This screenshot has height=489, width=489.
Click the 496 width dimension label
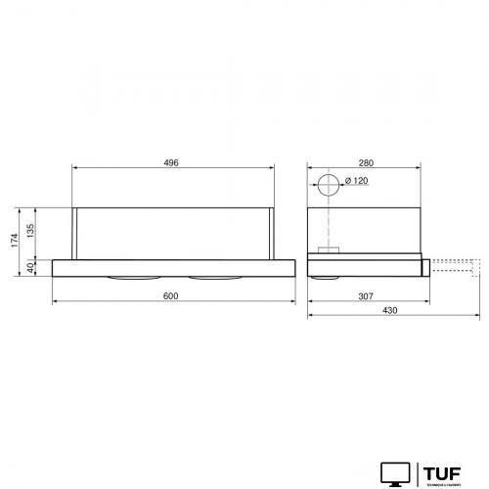170,162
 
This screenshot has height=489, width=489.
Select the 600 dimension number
170,296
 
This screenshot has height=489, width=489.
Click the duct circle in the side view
327,183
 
